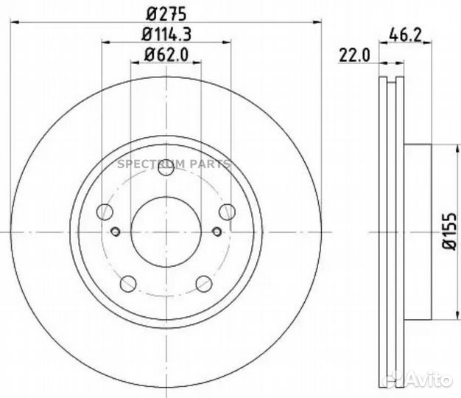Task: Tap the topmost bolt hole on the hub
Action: point(166,168)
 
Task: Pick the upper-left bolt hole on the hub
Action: point(105,212)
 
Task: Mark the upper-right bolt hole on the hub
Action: point(228,212)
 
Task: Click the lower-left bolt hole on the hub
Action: point(128,283)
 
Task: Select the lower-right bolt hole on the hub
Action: point(204,283)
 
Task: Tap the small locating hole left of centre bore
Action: point(115,232)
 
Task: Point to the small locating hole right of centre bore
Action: point(217,232)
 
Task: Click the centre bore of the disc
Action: point(166,232)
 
